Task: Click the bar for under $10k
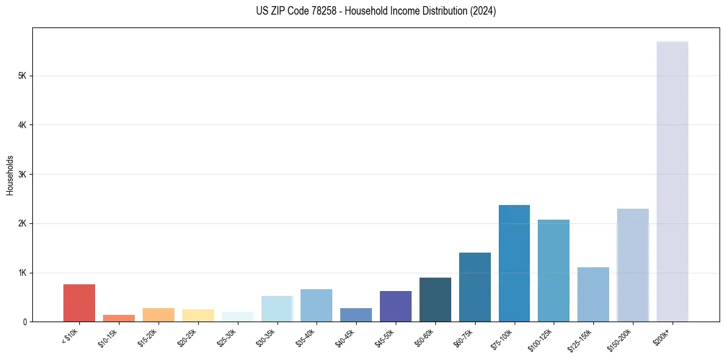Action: point(79,303)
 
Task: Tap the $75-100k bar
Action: point(514,263)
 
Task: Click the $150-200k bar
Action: point(632,265)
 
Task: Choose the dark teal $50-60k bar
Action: point(435,300)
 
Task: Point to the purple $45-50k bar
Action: point(396,306)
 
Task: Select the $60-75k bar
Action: point(474,287)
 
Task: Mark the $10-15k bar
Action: point(119,318)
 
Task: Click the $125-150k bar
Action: point(593,294)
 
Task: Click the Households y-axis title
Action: point(10,175)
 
